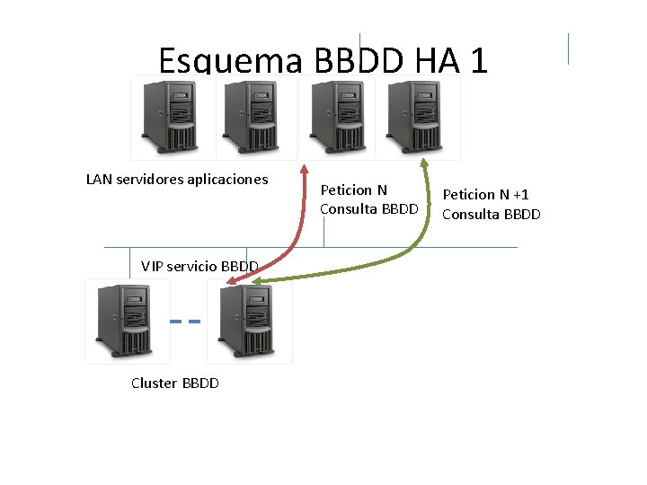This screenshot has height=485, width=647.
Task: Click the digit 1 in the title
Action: pyautogui.click(x=479, y=60)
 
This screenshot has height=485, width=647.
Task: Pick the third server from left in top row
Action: pyautogui.click(x=338, y=118)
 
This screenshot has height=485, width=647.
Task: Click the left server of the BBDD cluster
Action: pyautogui.click(x=127, y=321)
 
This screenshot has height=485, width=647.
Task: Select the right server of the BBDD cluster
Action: pyautogui.click(x=249, y=321)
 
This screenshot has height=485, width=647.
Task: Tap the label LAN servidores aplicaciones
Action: pyautogui.click(x=177, y=180)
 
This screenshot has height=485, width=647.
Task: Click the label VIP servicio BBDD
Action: pyautogui.click(x=199, y=266)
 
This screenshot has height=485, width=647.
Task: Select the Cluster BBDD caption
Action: pyautogui.click(x=175, y=383)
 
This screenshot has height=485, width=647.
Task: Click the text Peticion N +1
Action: pyautogui.click(x=485, y=195)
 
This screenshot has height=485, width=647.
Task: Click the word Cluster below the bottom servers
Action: pyautogui.click(x=154, y=383)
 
